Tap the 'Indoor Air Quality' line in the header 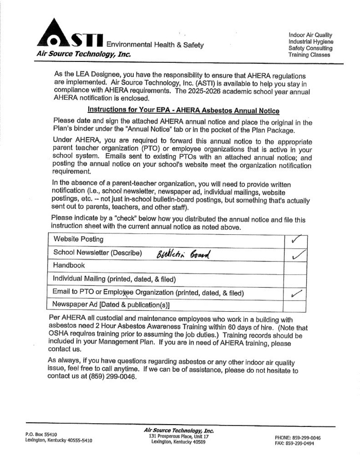click(310, 35)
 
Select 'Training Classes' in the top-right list click(309, 55)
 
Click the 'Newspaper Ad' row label click(111, 304)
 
